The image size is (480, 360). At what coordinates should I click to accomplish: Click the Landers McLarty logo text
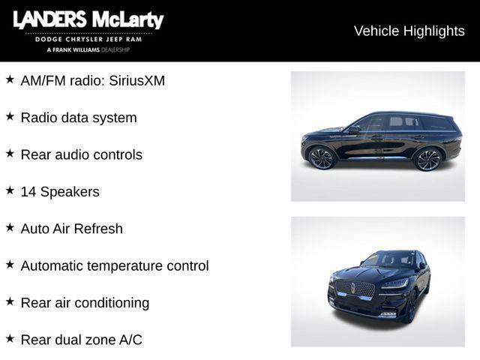tap(88, 20)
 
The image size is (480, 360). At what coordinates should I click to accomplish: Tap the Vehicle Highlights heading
tap(409, 31)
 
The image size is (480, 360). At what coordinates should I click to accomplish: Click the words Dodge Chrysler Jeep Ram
tap(88, 39)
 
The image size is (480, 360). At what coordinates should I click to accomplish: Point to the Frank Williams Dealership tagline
tap(88, 49)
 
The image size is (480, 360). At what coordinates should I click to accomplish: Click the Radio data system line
tap(79, 118)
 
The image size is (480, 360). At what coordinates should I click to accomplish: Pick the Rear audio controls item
tap(81, 154)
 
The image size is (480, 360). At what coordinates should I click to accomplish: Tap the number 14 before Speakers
tap(28, 192)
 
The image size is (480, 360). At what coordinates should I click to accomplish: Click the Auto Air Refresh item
tap(71, 229)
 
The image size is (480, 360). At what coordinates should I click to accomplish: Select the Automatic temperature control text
tap(115, 265)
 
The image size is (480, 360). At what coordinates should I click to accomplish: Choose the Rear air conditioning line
tap(85, 303)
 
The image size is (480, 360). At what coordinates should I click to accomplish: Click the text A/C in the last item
tap(130, 340)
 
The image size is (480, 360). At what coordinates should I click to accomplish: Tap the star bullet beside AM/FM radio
tap(10, 79)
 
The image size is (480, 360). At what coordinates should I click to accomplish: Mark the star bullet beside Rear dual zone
tap(10, 338)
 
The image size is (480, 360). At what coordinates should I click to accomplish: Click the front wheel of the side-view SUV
tap(322, 158)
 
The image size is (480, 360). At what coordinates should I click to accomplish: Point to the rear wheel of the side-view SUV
tap(428, 159)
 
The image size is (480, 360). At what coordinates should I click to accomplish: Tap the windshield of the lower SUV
tap(389, 259)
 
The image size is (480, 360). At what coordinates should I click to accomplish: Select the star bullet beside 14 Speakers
tap(10, 190)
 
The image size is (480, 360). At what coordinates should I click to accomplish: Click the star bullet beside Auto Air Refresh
tap(10, 227)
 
